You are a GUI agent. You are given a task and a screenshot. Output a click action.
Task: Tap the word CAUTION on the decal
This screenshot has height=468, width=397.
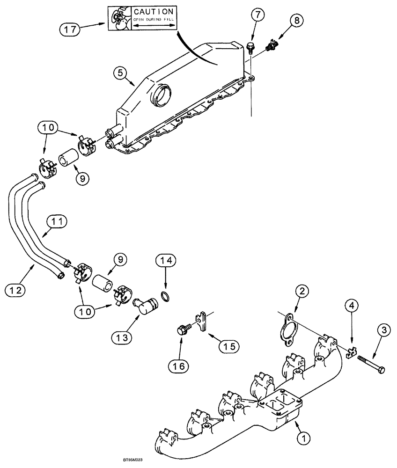pos(154,11)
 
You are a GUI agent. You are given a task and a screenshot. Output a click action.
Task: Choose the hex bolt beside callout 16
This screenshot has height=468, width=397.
pos(182,330)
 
